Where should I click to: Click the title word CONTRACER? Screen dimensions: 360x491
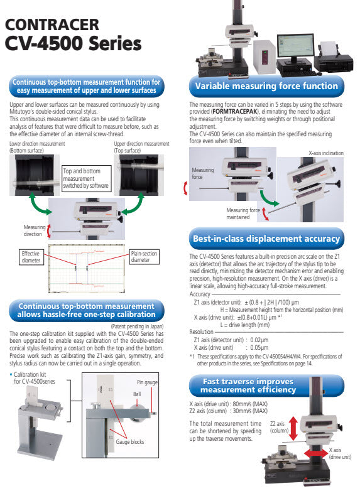tap(52, 24)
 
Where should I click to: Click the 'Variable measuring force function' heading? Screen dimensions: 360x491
tap(266, 86)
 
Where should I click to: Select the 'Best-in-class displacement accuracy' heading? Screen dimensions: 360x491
tap(266, 239)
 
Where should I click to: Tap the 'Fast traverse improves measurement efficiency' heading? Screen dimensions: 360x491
tap(248, 386)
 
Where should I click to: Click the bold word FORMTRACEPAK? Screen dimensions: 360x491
tap(235, 112)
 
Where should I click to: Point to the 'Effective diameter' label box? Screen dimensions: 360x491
tap(31, 257)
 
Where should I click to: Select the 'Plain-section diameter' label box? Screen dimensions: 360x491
tap(144, 256)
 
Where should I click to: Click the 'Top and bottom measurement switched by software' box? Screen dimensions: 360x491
tap(86, 178)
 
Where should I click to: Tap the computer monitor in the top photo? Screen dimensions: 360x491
tap(295, 48)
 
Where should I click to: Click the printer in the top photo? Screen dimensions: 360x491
tap(334, 58)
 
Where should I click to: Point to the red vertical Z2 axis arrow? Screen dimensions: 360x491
tap(293, 428)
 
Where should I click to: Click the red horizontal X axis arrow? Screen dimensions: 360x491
tap(316, 454)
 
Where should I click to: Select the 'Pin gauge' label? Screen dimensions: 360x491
tap(147, 382)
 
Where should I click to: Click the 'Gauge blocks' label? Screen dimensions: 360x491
tap(129, 442)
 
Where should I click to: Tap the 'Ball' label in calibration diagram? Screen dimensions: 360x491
tap(137, 394)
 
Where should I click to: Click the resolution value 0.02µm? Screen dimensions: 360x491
tap(259, 340)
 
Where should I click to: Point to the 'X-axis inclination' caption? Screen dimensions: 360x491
tap(326, 153)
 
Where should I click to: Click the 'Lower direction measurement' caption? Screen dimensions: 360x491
tap(37, 144)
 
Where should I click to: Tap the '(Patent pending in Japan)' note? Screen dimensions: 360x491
tap(137, 326)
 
